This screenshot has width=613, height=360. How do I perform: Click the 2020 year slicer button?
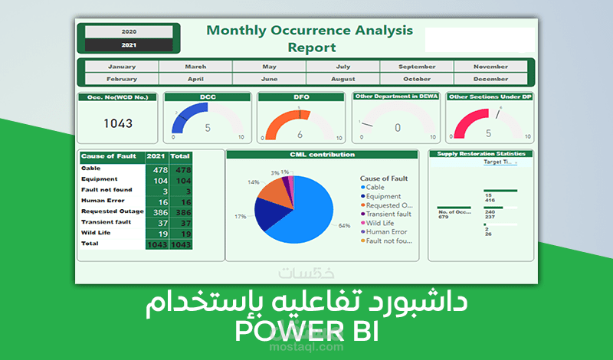pyautogui.click(x=129, y=32)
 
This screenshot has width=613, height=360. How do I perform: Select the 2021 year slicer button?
pyautogui.click(x=129, y=45)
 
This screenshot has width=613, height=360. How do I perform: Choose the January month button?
pyautogui.click(x=122, y=67)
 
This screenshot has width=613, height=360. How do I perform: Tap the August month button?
pyautogui.click(x=343, y=79)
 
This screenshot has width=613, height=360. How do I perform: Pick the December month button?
pyautogui.click(x=490, y=79)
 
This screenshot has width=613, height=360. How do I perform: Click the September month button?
pyautogui.click(x=417, y=67)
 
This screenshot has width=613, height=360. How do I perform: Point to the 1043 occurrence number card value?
pyautogui.click(x=118, y=123)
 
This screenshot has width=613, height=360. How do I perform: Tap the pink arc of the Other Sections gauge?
pyautogui.click(x=463, y=120)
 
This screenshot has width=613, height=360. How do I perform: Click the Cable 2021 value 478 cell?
pyautogui.click(x=159, y=169)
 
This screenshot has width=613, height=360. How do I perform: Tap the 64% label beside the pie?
pyautogui.click(x=344, y=225)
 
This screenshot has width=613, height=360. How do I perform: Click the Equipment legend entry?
pyautogui.click(x=384, y=196)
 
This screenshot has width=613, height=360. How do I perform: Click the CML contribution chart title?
pyautogui.click(x=322, y=154)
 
